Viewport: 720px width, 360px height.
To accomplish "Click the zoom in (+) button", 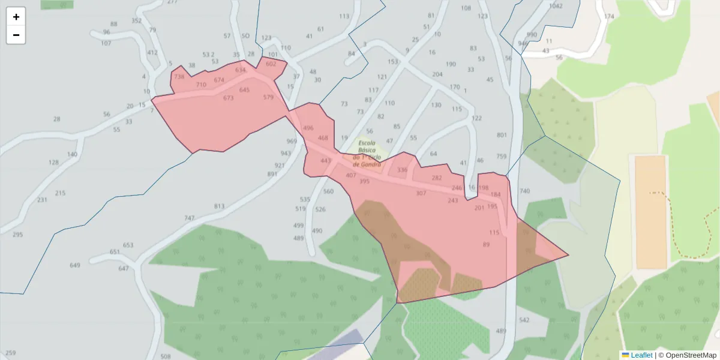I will pyautogui.click(x=16, y=17).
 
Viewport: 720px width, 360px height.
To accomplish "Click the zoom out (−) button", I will pyautogui.click(x=16, y=35).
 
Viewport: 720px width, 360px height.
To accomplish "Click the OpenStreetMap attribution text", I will pyautogui.click(x=687, y=355).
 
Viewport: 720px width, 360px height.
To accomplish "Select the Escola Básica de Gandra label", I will pyautogui.click(x=367, y=154).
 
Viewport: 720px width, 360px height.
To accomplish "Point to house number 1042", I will pyautogui.click(x=556, y=6).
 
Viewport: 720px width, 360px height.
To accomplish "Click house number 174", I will pyautogui.click(x=610, y=16).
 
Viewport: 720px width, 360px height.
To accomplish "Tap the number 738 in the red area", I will pyautogui.click(x=179, y=77).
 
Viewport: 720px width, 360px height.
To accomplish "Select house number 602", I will pyautogui.click(x=271, y=64).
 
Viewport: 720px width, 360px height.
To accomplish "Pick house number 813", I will pyautogui.click(x=219, y=206).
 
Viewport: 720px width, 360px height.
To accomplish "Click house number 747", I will pyautogui.click(x=190, y=218).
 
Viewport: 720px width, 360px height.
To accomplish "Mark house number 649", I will pyautogui.click(x=75, y=265).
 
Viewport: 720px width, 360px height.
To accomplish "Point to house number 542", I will pyautogui.click(x=524, y=320).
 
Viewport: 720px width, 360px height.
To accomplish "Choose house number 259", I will pyautogui.click(x=10, y=353).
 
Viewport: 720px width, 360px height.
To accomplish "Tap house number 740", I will pyautogui.click(x=525, y=191).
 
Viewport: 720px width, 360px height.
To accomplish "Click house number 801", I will pyautogui.click(x=502, y=135).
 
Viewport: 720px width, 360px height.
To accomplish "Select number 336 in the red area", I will pyautogui.click(x=402, y=170).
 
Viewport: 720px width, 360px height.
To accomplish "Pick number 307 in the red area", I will pyautogui.click(x=421, y=193).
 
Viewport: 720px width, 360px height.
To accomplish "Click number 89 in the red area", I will pyautogui.click(x=486, y=245).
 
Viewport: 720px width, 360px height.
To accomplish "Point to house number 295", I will pyautogui.click(x=17, y=235).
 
